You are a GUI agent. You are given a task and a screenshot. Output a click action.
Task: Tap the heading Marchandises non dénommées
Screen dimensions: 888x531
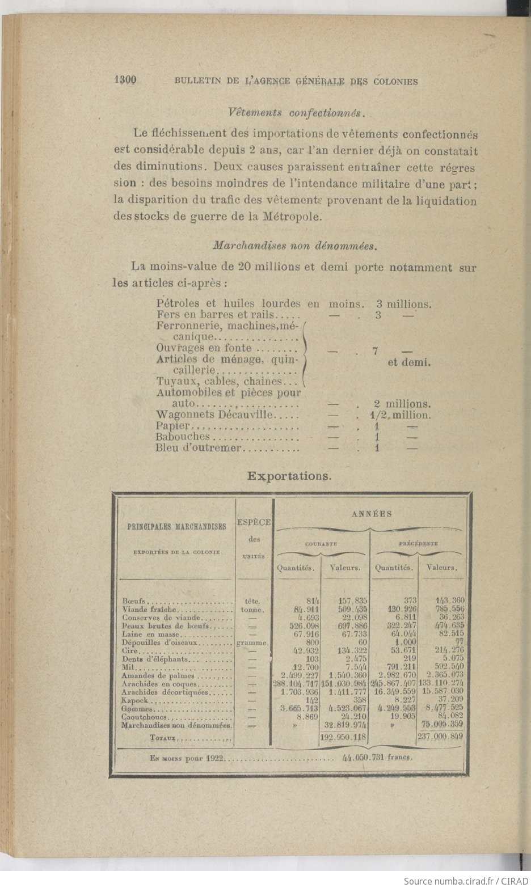[x=294, y=246]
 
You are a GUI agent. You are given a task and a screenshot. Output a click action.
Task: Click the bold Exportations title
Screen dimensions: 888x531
[x=289, y=476]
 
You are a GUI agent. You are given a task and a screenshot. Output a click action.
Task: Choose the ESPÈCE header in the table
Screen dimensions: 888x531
[x=254, y=522]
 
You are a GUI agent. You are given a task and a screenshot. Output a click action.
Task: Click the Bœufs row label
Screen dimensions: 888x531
[x=134, y=601]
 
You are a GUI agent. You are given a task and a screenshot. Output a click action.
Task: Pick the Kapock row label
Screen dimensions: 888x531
[x=134, y=701]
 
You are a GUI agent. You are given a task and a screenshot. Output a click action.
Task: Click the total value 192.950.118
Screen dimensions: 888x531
[x=344, y=738]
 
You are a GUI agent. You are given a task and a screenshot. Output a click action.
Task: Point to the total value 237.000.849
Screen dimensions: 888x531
[x=440, y=738]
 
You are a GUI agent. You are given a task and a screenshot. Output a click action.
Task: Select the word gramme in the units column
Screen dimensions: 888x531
[x=252, y=643]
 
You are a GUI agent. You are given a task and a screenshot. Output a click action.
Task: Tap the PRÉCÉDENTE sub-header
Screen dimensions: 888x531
[x=418, y=543]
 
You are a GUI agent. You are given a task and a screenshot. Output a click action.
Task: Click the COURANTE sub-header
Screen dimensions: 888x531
[x=321, y=544]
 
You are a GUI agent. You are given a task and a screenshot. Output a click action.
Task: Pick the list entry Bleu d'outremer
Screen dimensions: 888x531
[x=199, y=448]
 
